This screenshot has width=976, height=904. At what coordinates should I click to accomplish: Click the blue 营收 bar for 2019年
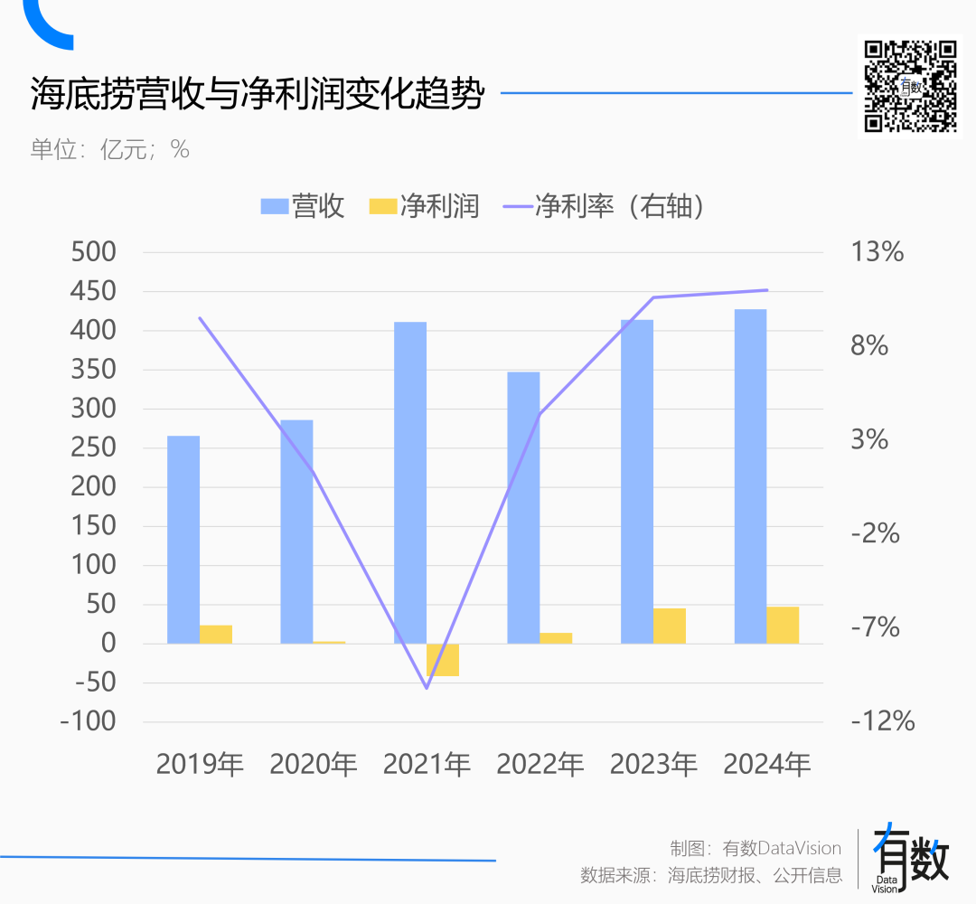[x=183, y=540]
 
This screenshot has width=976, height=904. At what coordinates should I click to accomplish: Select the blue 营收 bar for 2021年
[x=410, y=483]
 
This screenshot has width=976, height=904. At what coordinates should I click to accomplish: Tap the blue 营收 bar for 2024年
[x=750, y=476]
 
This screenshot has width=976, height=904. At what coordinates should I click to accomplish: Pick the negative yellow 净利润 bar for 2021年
[x=443, y=660]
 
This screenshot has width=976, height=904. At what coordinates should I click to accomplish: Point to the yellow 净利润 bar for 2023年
[x=670, y=626]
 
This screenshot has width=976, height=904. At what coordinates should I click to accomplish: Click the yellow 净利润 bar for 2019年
[x=216, y=634]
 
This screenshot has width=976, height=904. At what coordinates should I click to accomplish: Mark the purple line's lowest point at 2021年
[x=427, y=688]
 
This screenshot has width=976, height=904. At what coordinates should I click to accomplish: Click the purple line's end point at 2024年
[x=766, y=290]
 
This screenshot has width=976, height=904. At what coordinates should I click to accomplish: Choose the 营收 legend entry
[x=304, y=206]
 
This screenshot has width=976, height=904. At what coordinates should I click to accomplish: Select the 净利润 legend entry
[x=425, y=206]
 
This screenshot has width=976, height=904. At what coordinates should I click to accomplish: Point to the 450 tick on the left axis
[x=94, y=291]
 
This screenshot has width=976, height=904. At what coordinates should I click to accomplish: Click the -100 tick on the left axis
[x=88, y=721]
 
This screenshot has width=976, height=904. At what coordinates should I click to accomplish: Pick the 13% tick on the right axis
[x=877, y=252]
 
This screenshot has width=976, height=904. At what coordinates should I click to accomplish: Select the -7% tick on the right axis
[x=875, y=626]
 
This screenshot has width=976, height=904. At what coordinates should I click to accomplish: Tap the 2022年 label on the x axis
[x=540, y=765]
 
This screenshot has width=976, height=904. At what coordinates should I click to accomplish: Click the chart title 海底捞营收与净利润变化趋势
[x=258, y=94]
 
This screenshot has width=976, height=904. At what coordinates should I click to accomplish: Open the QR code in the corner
[x=909, y=86]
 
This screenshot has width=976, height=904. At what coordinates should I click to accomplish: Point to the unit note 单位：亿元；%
[x=110, y=149]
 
